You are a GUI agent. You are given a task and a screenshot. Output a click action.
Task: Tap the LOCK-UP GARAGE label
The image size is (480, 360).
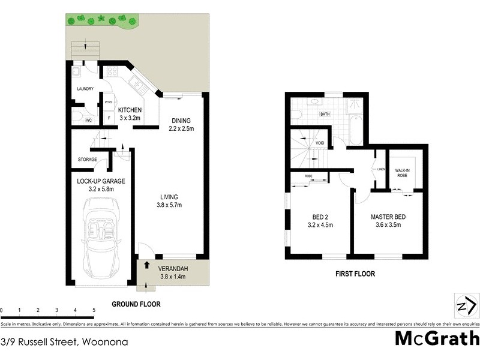click(100, 181)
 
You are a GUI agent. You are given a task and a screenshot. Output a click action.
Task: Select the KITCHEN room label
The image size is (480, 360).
click(130, 110)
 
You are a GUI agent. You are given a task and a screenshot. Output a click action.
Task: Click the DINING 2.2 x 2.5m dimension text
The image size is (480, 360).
click(181, 128)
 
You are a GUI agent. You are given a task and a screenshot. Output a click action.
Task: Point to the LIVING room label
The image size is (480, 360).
click(169, 197)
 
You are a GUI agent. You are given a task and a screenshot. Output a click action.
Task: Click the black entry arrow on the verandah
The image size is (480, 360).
click(147, 264)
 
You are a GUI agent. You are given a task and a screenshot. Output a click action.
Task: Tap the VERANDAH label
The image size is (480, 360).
click(173, 268)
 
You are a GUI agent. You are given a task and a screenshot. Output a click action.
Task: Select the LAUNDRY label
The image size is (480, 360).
click(85, 89)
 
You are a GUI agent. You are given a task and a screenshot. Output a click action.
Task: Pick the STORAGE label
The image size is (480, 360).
click(88, 159)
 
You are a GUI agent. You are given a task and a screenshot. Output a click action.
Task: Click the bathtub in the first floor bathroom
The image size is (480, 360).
click(355, 130)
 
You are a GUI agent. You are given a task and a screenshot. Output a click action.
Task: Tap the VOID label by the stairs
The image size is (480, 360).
click(320, 143)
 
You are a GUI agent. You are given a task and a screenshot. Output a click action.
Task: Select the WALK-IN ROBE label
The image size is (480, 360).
click(403, 173)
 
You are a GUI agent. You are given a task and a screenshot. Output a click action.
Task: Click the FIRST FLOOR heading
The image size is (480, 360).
click(355, 274)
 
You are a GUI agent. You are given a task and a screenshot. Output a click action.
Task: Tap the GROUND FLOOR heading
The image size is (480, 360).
click(136, 304)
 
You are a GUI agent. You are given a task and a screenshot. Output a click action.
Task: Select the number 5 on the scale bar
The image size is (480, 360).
click(94, 310)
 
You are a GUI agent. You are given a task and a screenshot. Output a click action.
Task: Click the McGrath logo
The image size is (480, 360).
click(437, 340)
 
